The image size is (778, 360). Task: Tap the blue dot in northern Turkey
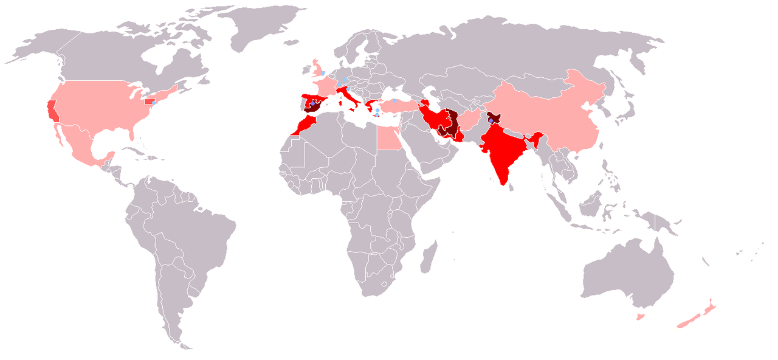click(x=394, y=100)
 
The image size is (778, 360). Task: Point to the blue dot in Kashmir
click(x=491, y=120)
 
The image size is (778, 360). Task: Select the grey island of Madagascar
click(x=429, y=255)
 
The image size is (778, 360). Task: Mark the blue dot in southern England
click(x=323, y=73)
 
